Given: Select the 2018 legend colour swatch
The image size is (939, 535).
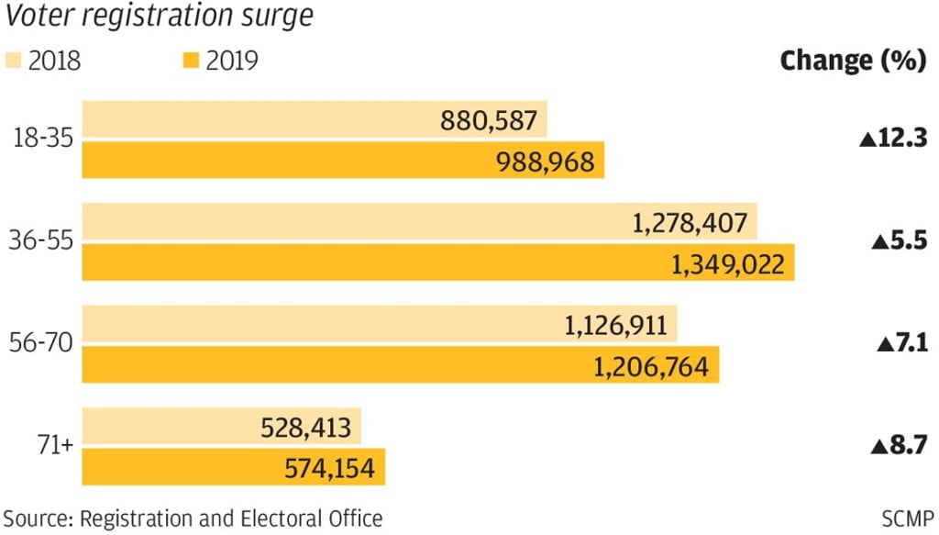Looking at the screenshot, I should tap(14, 61).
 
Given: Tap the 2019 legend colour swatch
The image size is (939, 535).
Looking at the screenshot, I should tap(190, 61).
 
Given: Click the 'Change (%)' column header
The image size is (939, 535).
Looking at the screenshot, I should tap(852, 61).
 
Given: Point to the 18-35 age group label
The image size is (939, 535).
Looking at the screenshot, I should tap(43, 139).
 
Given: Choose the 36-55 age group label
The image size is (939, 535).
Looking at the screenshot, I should tap(43, 242).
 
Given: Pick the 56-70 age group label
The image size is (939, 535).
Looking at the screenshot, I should tap(43, 345).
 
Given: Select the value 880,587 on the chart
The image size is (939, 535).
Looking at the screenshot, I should tap(490, 120).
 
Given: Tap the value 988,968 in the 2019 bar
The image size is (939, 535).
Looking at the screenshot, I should tap(545, 162).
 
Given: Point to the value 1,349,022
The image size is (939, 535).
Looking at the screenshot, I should tap(728, 264).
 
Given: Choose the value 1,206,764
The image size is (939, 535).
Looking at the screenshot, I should tap(652, 367).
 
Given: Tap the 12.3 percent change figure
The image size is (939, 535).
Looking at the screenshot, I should tap(894, 139).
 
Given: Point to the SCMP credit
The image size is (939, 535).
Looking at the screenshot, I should tap(908, 518).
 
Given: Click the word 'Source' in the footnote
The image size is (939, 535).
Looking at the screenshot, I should tap(36, 518).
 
